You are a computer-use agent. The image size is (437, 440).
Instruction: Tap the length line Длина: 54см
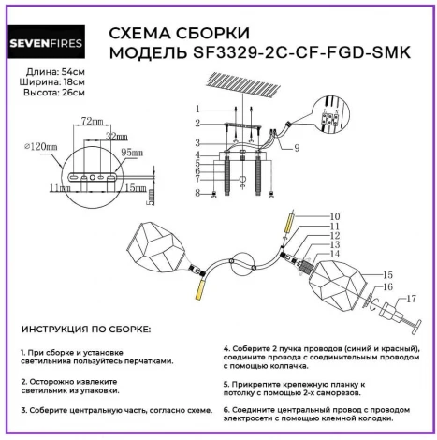[x=50, y=74]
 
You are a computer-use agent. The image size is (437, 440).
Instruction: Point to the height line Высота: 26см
[x=51, y=95]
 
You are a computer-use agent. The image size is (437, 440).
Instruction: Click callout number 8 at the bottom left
[x=197, y=193]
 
